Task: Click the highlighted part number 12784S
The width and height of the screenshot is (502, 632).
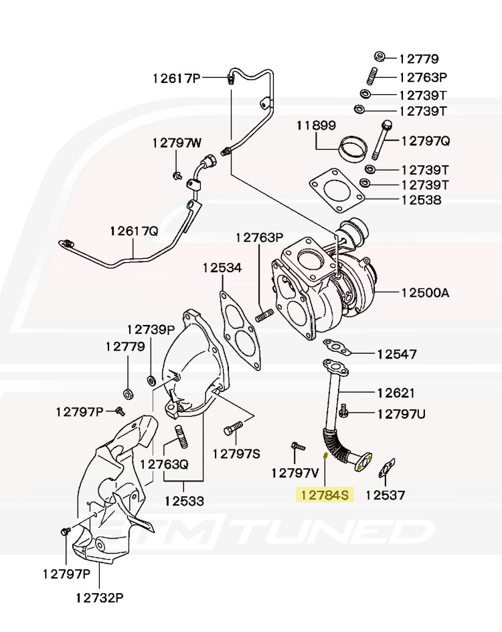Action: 325,495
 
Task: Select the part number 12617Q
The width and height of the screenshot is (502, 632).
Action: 134,231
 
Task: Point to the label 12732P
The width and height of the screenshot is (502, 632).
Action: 99,597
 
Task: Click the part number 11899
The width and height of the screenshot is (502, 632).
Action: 317,125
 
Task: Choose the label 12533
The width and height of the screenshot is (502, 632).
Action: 184,500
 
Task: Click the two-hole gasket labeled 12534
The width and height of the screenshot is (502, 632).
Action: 240,332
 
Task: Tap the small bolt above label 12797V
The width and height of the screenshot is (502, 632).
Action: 298,445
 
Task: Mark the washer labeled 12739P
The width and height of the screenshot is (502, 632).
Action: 152,381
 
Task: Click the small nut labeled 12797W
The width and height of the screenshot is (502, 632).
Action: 176,175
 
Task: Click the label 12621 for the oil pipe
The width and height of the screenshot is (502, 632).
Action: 395,393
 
